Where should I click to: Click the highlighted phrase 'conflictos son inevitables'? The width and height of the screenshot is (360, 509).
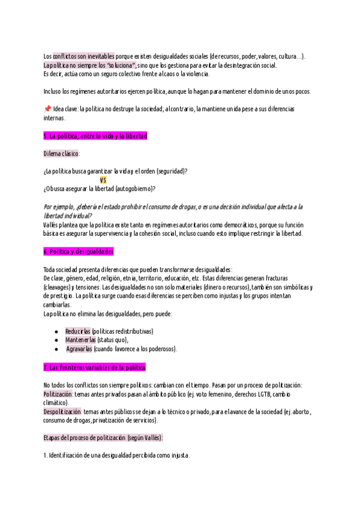point(83,56)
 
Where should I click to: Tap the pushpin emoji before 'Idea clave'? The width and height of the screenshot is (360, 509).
point(47,109)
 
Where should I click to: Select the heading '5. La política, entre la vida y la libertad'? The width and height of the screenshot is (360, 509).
point(95,136)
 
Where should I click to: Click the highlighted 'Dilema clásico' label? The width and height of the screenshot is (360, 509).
point(62,154)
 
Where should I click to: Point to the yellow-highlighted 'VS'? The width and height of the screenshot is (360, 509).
point(103,180)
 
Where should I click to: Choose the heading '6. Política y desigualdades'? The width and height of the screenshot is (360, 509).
point(79,251)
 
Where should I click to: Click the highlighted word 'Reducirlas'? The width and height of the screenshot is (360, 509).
point(78,331)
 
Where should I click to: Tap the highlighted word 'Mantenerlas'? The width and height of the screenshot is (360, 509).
point(80,340)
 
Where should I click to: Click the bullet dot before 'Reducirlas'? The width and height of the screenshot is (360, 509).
point(56,331)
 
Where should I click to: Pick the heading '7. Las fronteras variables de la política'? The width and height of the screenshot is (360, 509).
point(95,367)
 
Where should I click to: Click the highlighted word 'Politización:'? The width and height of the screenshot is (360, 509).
point(58,394)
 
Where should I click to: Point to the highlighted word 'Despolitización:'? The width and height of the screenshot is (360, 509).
point(63,412)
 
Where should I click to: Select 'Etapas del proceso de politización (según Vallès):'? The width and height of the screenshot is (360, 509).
point(103,438)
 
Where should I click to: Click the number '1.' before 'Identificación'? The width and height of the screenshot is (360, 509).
point(46,456)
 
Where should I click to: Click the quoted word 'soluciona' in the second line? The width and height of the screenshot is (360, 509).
point(120,65)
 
